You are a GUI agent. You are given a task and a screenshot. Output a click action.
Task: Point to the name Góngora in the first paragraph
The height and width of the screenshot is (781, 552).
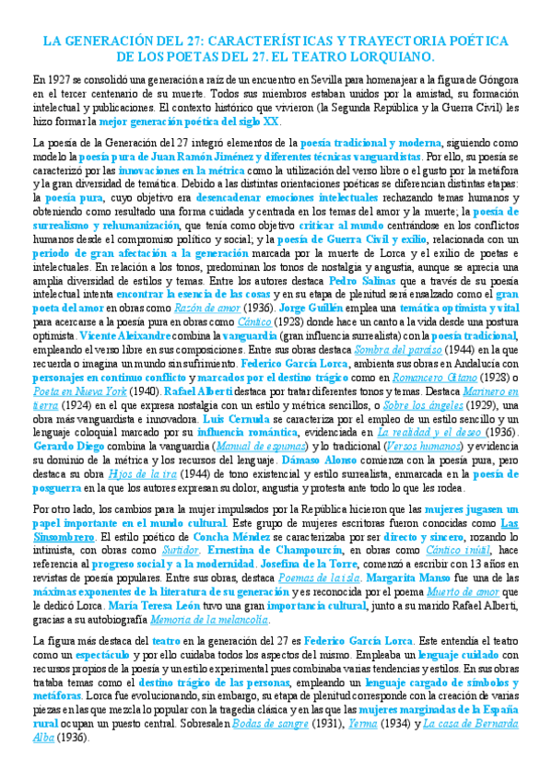point(498,79)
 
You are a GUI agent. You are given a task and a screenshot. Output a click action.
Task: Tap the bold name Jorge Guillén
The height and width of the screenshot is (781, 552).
point(283,307)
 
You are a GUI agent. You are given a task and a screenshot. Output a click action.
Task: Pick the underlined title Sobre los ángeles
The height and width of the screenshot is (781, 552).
point(417,404)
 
